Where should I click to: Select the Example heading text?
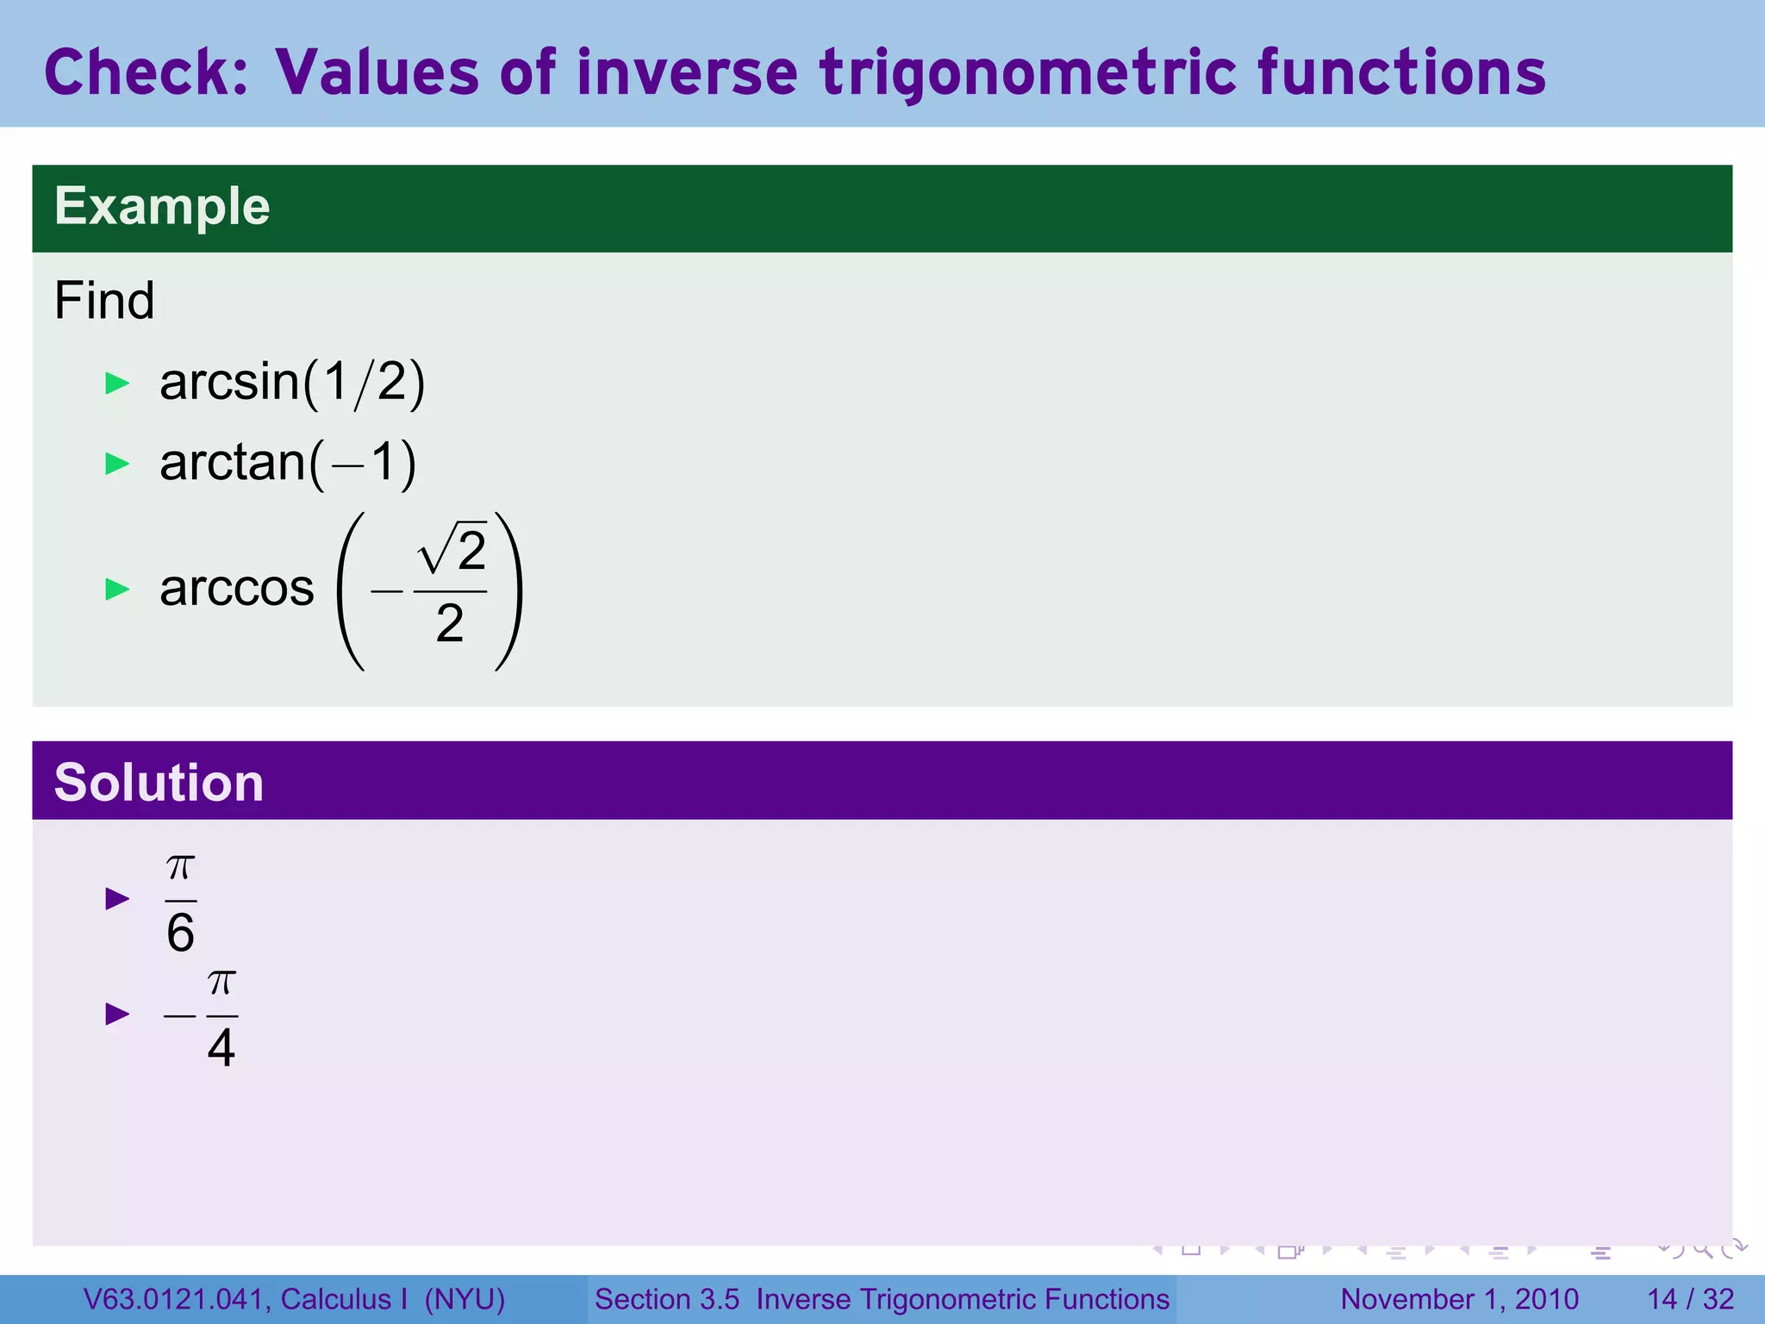tap(162, 207)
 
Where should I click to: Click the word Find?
tap(104, 301)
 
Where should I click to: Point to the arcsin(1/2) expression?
tap(292, 382)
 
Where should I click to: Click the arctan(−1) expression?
tap(288, 463)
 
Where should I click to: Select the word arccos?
tap(237, 589)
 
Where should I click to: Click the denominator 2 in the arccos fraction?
tap(450, 623)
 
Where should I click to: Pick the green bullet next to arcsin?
tap(117, 384)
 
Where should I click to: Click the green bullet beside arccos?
tap(117, 590)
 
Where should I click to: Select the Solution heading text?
tap(159, 783)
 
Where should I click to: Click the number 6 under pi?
tap(181, 934)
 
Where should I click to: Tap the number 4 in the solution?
tap(221, 1048)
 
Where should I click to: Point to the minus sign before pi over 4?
tap(179, 1015)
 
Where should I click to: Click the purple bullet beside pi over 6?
tap(117, 899)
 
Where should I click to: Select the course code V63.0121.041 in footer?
tap(175, 1299)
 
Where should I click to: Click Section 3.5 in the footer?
tap(667, 1299)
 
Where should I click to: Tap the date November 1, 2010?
tap(1459, 1299)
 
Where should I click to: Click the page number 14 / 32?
tap(1690, 1299)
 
